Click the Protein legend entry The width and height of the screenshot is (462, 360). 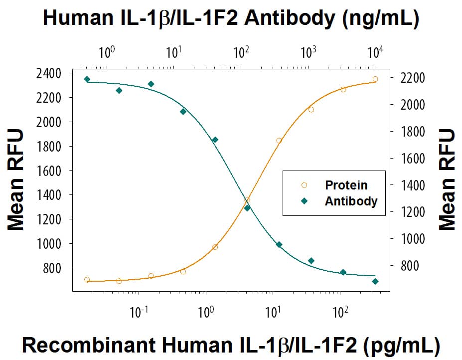coord(345,185)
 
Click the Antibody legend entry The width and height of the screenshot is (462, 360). coord(350,201)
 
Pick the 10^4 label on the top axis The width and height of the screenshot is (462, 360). coord(375,51)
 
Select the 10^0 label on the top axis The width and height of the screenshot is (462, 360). coord(106,51)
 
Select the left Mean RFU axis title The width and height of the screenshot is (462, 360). coord(16,180)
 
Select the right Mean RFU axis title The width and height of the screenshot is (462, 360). coord(447,180)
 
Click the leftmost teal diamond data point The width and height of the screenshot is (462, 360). coord(87,79)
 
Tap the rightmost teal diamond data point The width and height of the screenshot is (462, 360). coord(375,281)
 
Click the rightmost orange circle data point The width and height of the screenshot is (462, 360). coord(375,79)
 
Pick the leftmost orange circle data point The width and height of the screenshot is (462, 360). coord(87,280)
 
